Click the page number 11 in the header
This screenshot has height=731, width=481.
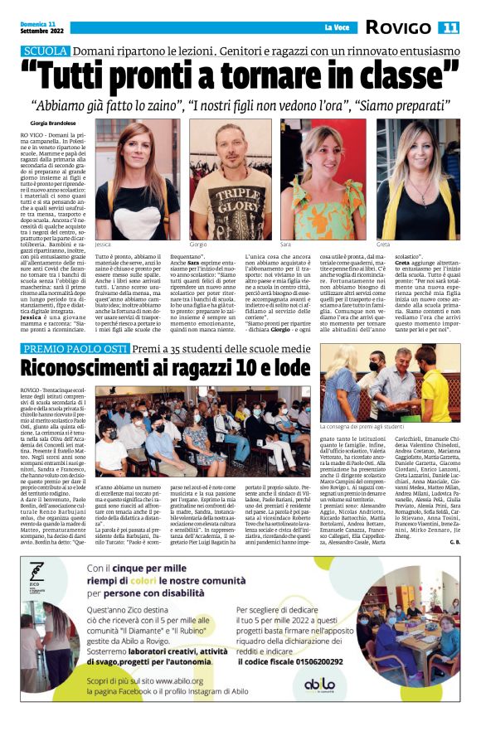[x=450, y=27]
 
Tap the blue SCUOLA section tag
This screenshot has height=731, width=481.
[x=45, y=51]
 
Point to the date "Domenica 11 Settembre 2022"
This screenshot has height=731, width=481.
[x=39, y=27]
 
